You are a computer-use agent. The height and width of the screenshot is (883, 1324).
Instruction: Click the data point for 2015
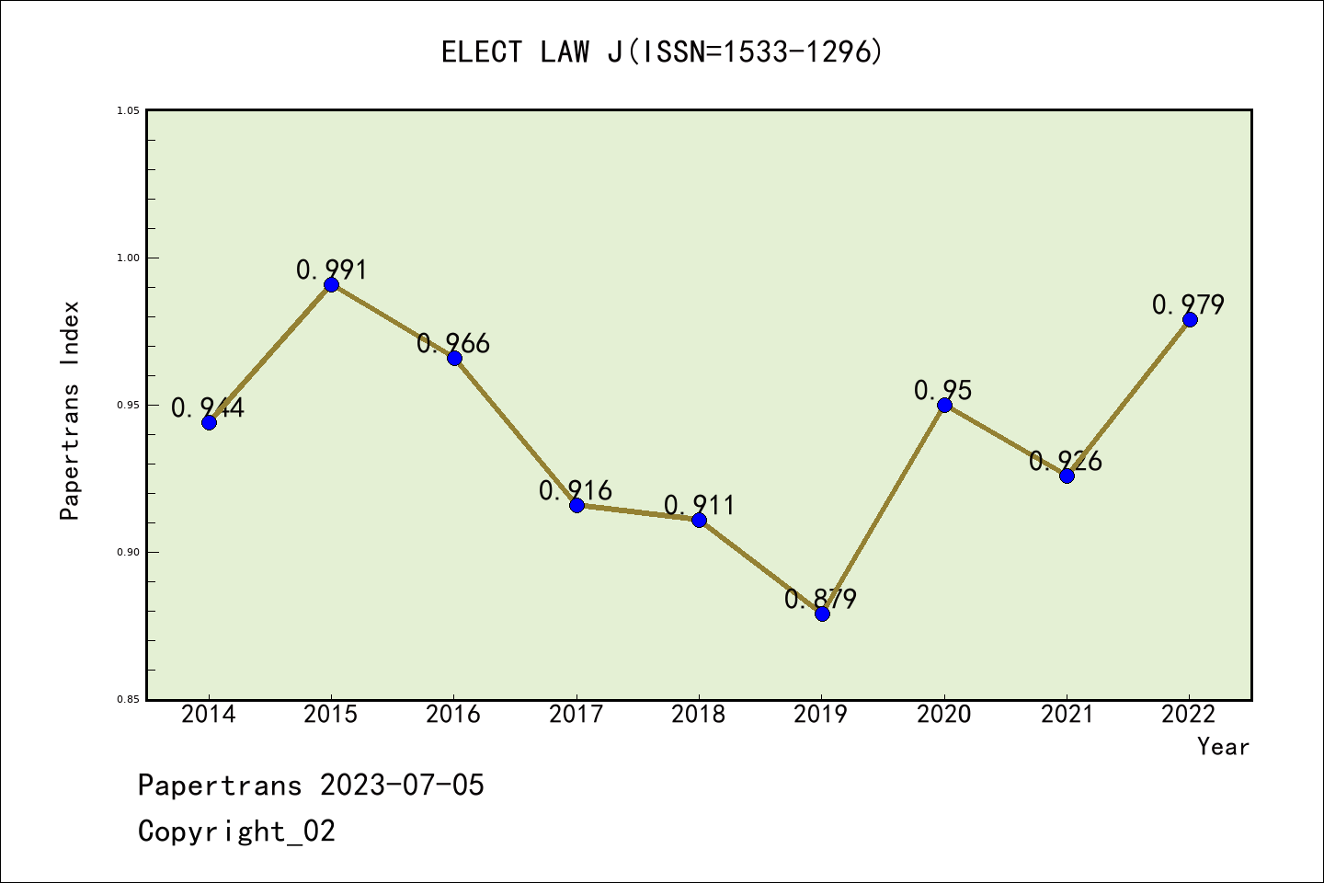click(331, 284)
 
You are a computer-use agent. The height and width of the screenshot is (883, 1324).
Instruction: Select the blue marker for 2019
click(822, 614)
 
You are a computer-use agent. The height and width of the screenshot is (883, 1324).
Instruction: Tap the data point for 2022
click(1190, 319)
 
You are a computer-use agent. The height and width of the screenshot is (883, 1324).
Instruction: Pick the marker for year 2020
click(944, 405)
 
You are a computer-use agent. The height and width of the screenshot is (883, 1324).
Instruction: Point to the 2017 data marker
click(576, 505)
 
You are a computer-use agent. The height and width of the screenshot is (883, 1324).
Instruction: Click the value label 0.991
click(331, 269)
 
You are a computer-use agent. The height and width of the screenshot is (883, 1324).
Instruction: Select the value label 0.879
click(820, 599)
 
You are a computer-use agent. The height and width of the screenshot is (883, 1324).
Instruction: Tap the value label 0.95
click(942, 390)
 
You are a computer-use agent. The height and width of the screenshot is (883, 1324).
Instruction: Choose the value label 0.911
click(699, 505)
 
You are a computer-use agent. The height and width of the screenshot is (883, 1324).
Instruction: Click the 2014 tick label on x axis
click(209, 715)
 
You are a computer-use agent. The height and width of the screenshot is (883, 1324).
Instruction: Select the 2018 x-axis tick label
click(699, 715)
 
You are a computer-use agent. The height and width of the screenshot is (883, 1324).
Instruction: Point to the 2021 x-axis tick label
click(1067, 715)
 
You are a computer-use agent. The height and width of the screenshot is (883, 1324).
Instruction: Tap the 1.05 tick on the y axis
click(129, 110)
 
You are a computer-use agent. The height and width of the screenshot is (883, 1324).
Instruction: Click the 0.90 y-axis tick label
click(129, 552)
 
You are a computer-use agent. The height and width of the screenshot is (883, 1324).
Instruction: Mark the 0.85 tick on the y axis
click(129, 699)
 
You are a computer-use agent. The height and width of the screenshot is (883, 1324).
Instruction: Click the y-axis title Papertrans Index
click(70, 410)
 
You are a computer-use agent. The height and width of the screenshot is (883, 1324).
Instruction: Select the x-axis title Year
click(1223, 747)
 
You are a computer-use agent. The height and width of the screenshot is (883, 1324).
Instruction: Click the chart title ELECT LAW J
click(662, 52)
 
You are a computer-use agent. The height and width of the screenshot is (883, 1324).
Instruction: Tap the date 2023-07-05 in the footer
click(402, 786)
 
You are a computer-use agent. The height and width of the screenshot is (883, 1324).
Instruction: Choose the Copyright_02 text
click(236, 831)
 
